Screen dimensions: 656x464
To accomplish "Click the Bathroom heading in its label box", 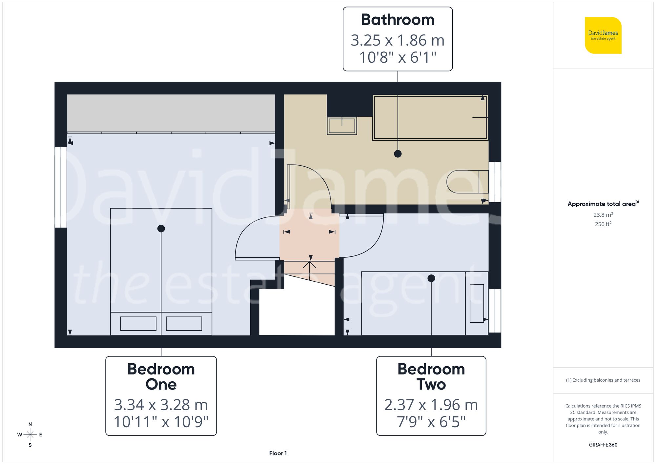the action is (398, 20).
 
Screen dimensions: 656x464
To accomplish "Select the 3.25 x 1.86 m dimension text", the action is (398, 40).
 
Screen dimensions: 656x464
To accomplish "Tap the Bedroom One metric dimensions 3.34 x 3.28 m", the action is (161, 405).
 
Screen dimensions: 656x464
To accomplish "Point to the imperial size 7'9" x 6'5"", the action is (431, 422).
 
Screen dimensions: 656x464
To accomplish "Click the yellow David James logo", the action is (603, 35).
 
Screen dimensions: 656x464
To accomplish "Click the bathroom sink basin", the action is (342, 126).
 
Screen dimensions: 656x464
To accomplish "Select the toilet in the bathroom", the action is (467, 182).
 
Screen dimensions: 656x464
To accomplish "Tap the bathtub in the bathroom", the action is (430, 117).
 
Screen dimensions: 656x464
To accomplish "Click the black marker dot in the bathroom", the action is (398, 153).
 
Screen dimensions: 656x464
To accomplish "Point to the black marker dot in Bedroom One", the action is (161, 229).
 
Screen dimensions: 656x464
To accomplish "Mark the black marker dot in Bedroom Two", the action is (431, 278).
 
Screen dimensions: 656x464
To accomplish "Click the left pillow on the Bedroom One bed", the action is (138, 324).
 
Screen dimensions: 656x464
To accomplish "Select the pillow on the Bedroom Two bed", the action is (477, 303).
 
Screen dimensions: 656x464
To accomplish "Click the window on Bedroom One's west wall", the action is (61, 187).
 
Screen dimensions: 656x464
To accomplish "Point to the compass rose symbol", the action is (30, 434).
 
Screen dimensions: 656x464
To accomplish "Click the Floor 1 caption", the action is (278, 453).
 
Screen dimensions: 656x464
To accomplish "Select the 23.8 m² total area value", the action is (603, 215).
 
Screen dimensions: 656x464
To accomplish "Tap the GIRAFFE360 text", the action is (603, 445).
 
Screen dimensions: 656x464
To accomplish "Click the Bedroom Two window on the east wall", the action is (495, 311).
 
